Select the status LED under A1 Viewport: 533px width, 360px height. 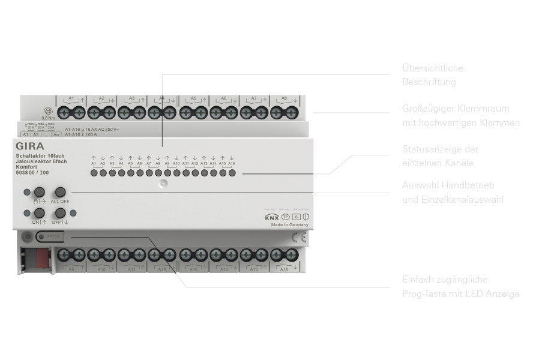point(94,173)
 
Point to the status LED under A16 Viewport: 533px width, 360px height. point(231,173)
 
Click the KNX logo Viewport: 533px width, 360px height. point(271,217)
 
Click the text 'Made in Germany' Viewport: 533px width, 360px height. point(289,225)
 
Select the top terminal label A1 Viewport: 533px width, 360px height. point(71,98)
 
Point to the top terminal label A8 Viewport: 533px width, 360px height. point(284,98)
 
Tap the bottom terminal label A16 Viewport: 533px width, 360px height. point(285,270)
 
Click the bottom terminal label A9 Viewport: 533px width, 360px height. point(71,270)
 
